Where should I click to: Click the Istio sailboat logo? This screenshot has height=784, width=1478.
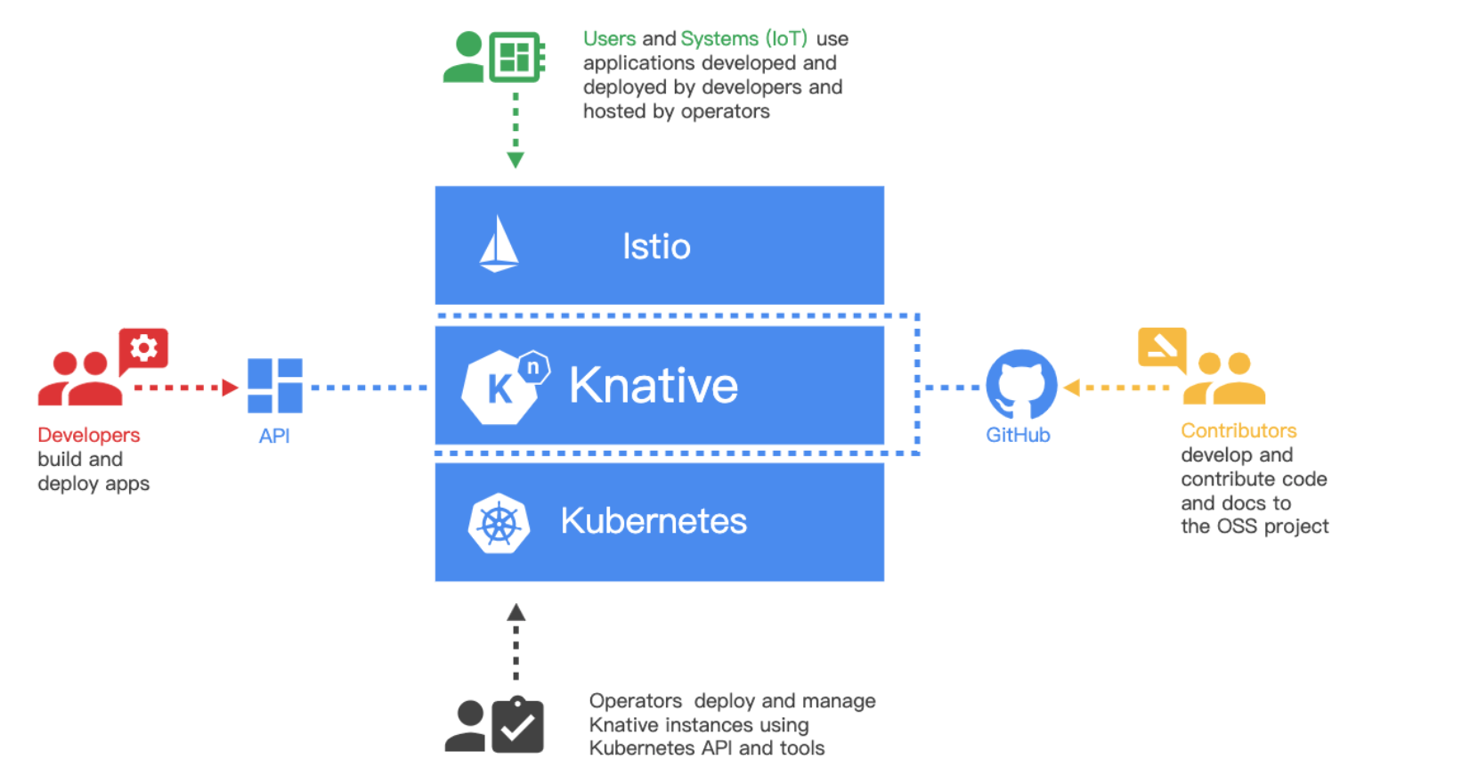499,244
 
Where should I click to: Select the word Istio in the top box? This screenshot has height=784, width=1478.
656,247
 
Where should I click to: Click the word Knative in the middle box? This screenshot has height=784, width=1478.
654,386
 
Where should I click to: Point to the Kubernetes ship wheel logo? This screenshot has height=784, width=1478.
499,523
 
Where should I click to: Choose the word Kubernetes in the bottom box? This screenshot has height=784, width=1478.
654,521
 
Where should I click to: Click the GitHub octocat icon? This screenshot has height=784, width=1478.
1021,384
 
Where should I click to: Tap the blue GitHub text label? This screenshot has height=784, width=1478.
1018,436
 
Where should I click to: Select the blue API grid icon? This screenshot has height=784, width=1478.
275,386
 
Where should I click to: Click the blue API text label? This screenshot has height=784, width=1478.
274,437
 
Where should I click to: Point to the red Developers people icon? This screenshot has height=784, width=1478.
80,380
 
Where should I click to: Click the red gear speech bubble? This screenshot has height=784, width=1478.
143,348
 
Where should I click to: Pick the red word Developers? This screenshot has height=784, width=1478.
89,436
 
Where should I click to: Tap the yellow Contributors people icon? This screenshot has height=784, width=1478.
1225,380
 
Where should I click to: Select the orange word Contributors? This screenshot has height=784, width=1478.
1238,431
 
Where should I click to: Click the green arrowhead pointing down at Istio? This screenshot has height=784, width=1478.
516,160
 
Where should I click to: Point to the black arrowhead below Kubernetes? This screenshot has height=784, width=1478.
516,613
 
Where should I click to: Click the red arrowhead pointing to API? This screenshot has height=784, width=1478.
231,388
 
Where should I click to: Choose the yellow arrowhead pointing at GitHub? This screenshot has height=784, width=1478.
1072,388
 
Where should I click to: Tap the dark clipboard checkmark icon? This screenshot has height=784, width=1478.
517,726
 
